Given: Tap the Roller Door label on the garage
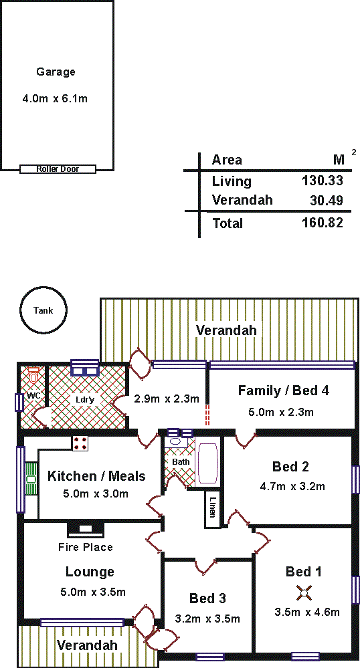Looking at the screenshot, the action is tap(58, 169).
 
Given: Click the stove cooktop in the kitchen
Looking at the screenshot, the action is tap(80, 443).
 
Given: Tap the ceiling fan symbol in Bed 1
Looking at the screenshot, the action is tap(304, 592).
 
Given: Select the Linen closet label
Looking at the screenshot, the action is tap(212, 507).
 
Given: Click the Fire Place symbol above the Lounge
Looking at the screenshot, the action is tap(86, 529).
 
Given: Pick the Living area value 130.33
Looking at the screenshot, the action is tap(323, 181).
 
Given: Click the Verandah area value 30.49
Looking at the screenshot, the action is tap(327, 200).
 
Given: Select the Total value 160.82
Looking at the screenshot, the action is tap(323, 223).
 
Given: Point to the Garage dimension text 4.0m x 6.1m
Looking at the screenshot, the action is tap(55, 99).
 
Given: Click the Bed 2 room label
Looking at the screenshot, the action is tap(290, 467).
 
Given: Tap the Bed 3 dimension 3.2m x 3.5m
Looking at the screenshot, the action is tap(207, 619).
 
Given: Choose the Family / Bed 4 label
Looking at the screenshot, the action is tap(284, 391).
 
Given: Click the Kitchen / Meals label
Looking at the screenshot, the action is tap(96, 476).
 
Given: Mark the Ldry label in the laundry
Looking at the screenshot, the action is tap(84, 400).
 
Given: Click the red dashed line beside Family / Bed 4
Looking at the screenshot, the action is tap(207, 415).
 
